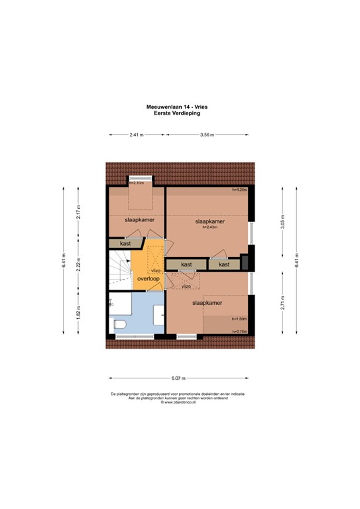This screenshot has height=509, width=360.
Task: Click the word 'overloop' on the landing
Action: click(148, 279)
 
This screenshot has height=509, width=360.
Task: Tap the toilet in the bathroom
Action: click(120, 325)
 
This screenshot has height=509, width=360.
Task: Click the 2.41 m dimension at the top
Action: click(137, 135)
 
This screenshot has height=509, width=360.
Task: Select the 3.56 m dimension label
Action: click(208, 135)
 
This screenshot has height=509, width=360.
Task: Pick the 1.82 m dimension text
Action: click(78, 311)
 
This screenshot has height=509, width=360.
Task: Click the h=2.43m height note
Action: click(210, 228)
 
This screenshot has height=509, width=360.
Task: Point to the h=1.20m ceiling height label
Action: click(239, 190)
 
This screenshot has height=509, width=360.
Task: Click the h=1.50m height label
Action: click(239, 318)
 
